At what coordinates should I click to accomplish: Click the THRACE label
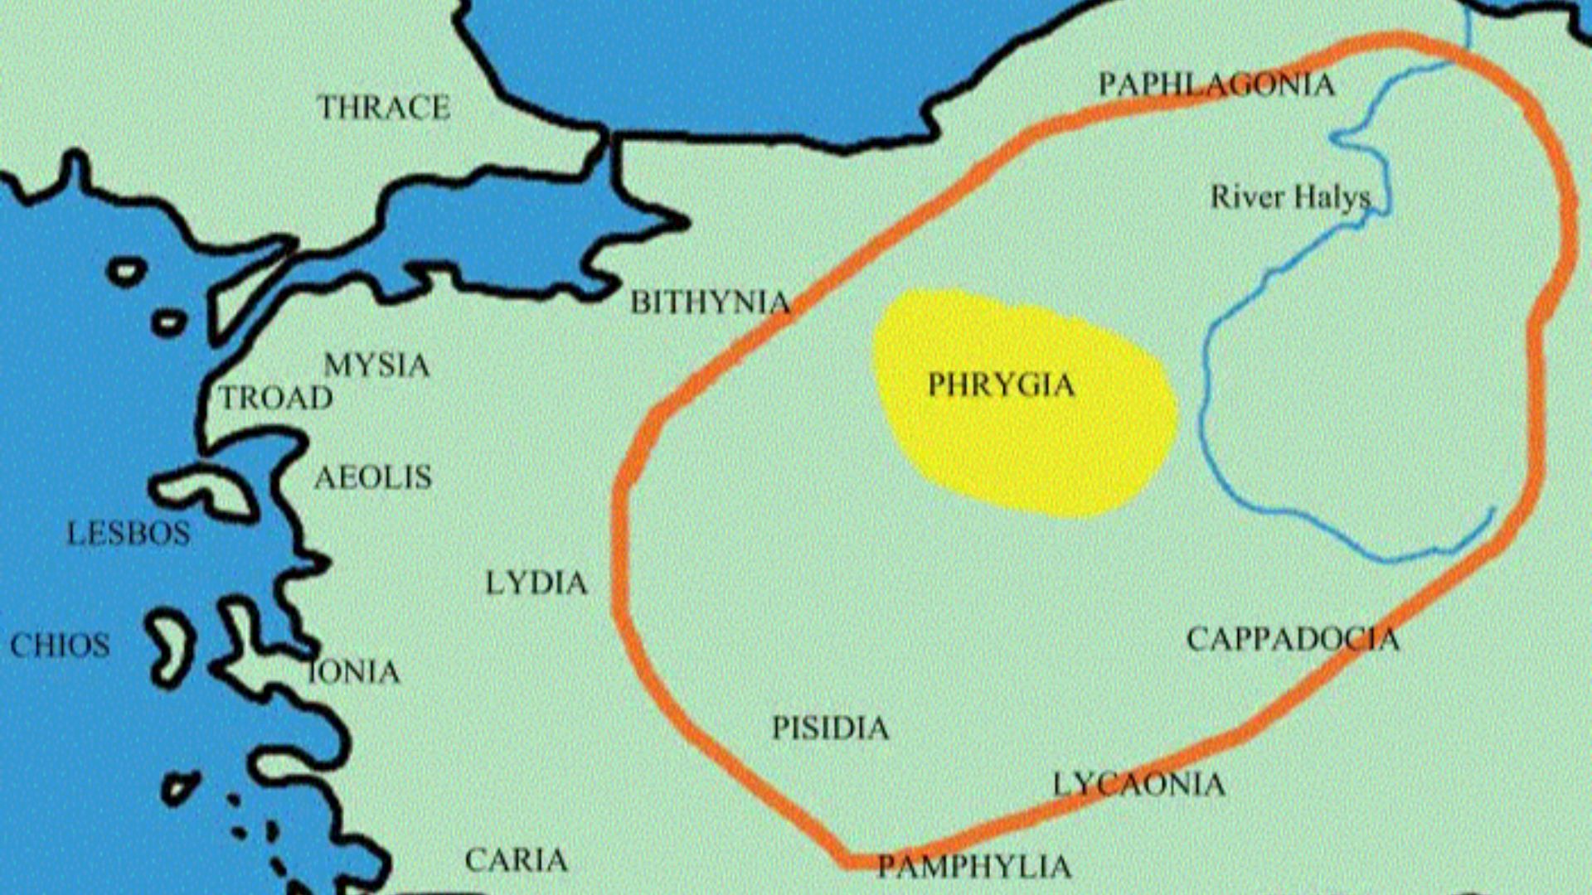[383, 108]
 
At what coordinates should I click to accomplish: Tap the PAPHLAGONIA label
[1216, 85]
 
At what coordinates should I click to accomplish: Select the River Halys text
[1290, 197]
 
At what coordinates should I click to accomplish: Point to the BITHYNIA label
[710, 302]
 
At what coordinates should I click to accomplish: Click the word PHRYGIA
[1001, 385]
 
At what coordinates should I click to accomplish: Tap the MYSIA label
[376, 365]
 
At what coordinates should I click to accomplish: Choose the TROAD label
[276, 398]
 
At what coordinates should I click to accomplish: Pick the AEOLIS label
[373, 477]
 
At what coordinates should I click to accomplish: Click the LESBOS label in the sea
[129, 533]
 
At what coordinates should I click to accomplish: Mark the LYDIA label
[536, 583]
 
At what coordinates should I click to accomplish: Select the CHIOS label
[60, 645]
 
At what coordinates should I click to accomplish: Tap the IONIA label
[354, 671]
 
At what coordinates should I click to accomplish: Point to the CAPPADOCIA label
[1292, 639]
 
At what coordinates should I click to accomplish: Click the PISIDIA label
[830, 728]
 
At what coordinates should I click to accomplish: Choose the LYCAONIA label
[1138, 784]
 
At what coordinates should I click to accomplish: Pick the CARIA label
[516, 860]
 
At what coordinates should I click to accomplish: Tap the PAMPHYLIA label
[973, 867]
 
